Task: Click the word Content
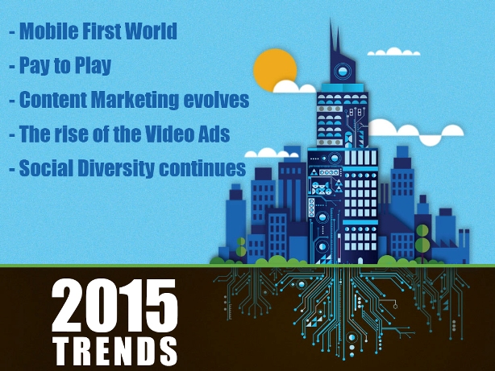(53, 100)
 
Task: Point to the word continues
(202, 168)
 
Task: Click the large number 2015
(114, 306)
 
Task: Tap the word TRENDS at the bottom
(115, 352)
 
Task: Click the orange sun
(274, 69)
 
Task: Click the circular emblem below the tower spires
(342, 71)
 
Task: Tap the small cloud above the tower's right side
(393, 52)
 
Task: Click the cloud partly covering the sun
(293, 87)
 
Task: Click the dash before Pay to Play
(12, 67)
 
